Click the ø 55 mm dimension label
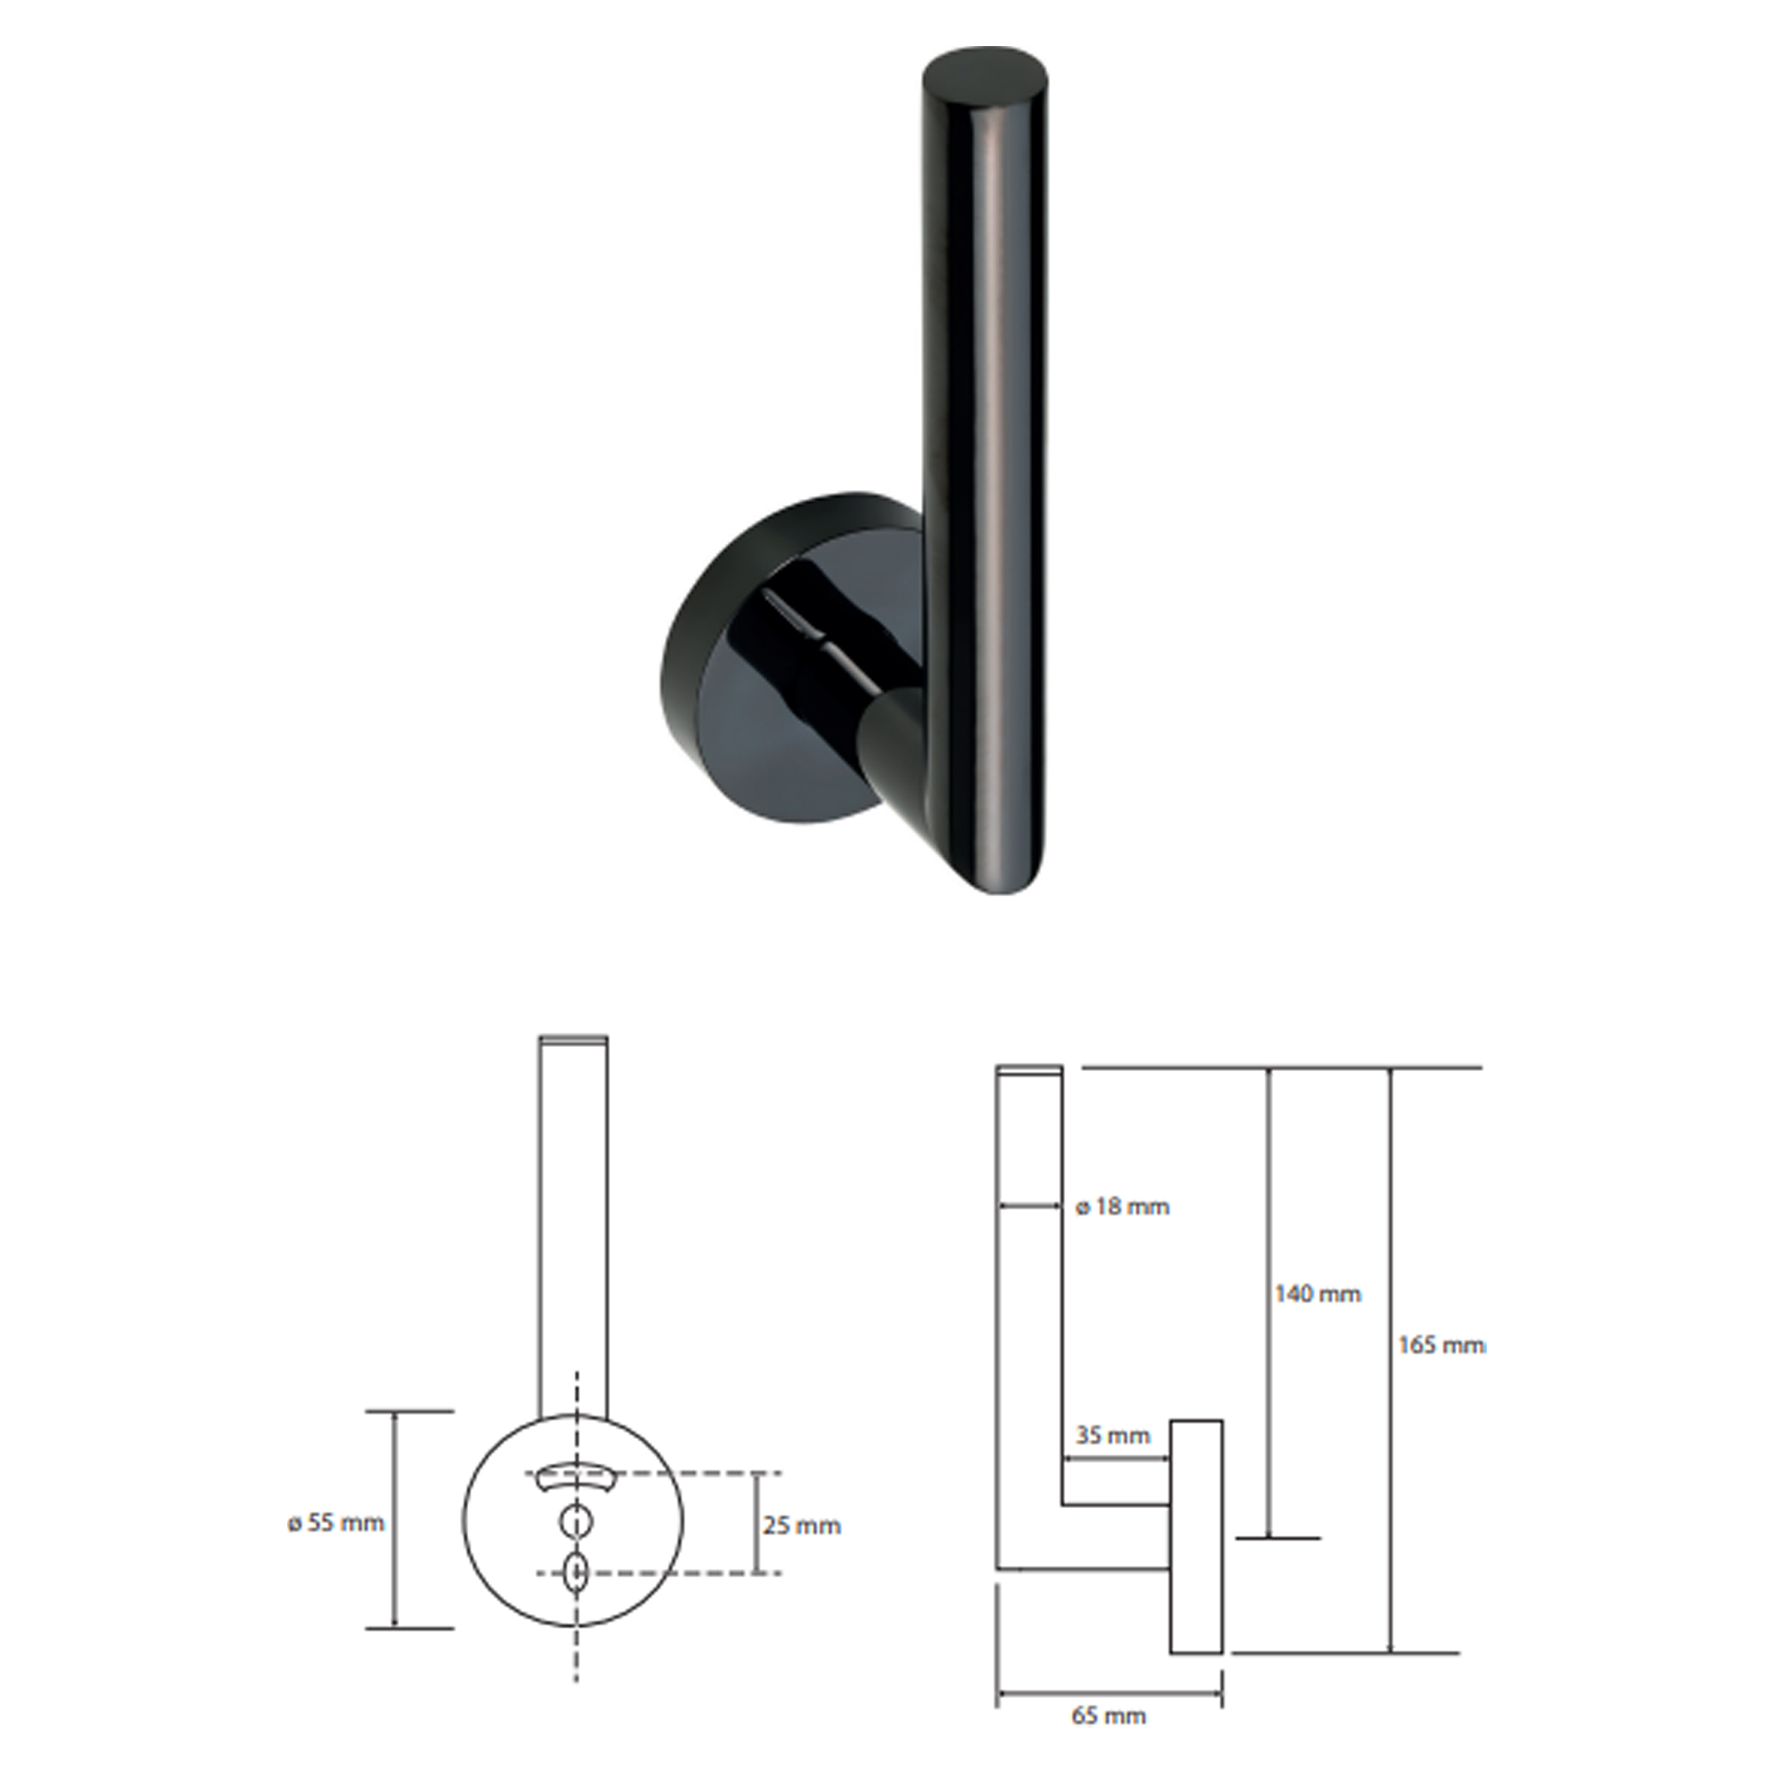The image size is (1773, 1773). [x=336, y=1523]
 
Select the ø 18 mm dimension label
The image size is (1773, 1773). [x=1122, y=1207]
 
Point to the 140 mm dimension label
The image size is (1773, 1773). [x=1318, y=1294]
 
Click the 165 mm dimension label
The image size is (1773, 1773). [x=1441, y=1346]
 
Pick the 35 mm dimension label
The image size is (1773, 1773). [x=1113, y=1434]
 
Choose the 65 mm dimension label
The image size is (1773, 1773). [x=1109, y=1715]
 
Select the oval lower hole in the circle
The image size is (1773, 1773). [x=576, y=1572]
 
